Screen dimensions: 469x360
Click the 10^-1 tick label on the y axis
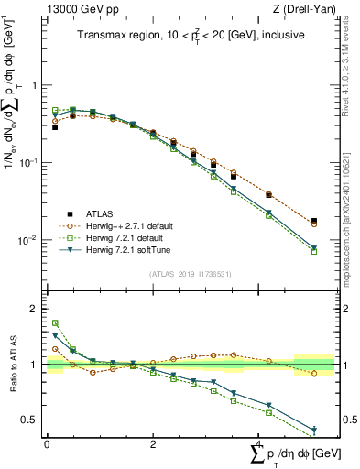32,162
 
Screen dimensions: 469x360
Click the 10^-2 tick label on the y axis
32,240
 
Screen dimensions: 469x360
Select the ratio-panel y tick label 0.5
32,420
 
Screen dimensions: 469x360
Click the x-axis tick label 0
47,443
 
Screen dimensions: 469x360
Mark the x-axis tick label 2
153,443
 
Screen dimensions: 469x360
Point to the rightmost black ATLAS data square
314,222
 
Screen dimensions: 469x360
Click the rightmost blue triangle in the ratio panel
314,430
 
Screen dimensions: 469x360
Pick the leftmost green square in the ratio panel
55,323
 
